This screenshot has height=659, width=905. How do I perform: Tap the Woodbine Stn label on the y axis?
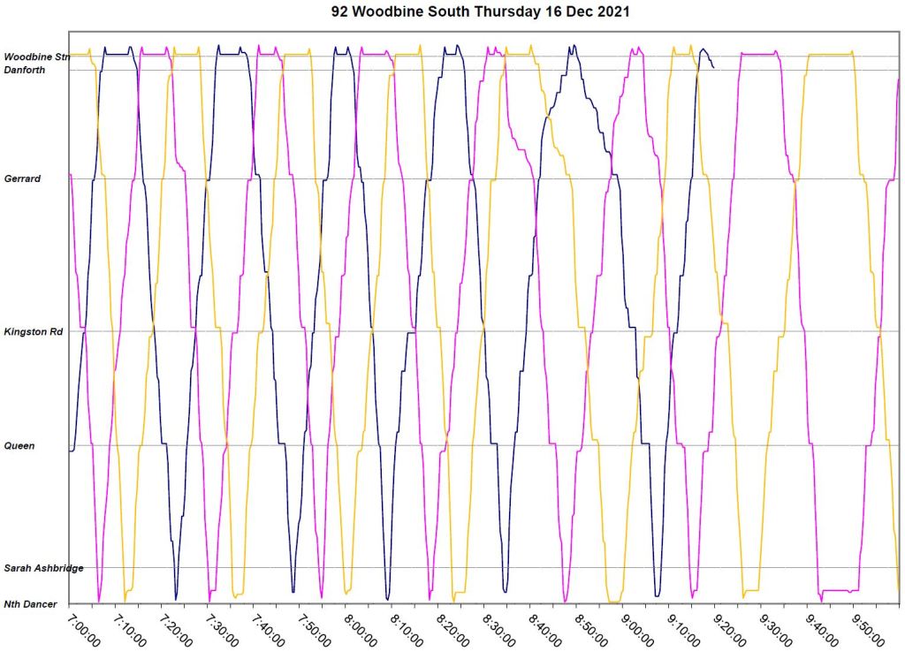[36, 57]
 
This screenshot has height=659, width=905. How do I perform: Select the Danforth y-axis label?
[25, 70]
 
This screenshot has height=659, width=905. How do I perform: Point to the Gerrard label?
[22, 178]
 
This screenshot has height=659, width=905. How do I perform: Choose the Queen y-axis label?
[19, 446]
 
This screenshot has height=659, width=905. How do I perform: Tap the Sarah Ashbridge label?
[43, 568]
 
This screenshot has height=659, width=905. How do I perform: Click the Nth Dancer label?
[30, 604]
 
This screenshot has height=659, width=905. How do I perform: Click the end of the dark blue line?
[714, 67]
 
